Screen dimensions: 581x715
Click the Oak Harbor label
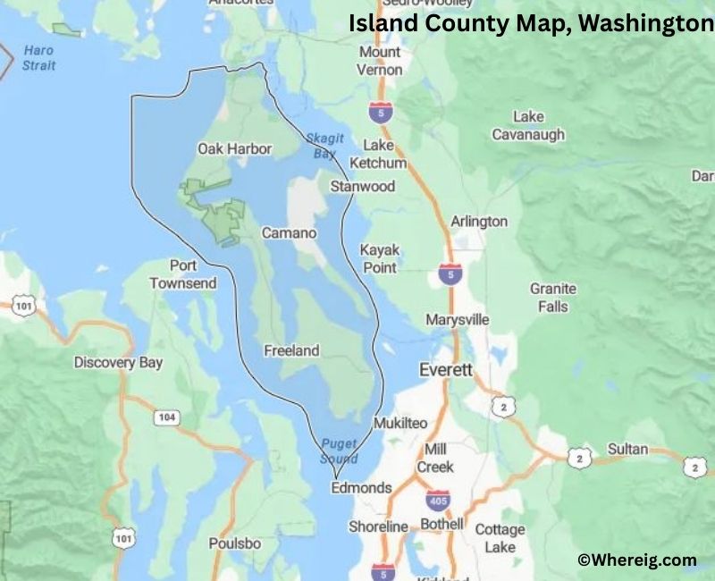pyautogui.click(x=234, y=148)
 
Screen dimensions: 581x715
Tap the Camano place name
pyautogui.click(x=289, y=233)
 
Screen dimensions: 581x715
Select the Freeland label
pyautogui.click(x=291, y=351)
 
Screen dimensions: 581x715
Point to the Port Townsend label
pyautogui.click(x=182, y=274)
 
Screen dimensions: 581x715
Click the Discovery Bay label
pyautogui.click(x=118, y=363)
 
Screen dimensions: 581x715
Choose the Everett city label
pyautogui.click(x=447, y=369)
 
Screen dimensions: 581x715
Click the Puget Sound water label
pyautogui.click(x=339, y=451)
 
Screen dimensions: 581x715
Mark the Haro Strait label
pyautogui.click(x=39, y=58)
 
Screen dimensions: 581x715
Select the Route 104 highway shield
pyautogui.click(x=165, y=417)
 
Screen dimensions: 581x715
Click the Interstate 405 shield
pyautogui.click(x=437, y=498)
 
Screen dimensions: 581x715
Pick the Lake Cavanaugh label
pyautogui.click(x=528, y=126)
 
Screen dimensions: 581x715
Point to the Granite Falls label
pyautogui.click(x=553, y=298)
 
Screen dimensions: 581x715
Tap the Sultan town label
pyautogui.click(x=627, y=449)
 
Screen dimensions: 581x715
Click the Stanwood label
pyautogui.click(x=362, y=187)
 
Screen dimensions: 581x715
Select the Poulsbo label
pyautogui.click(x=235, y=543)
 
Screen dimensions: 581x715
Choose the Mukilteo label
pyautogui.click(x=400, y=423)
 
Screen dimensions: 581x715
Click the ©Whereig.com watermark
pyautogui.click(x=636, y=560)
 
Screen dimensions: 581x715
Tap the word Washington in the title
pyautogui.click(x=645, y=24)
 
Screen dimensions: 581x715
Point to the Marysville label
pyautogui.click(x=457, y=320)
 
